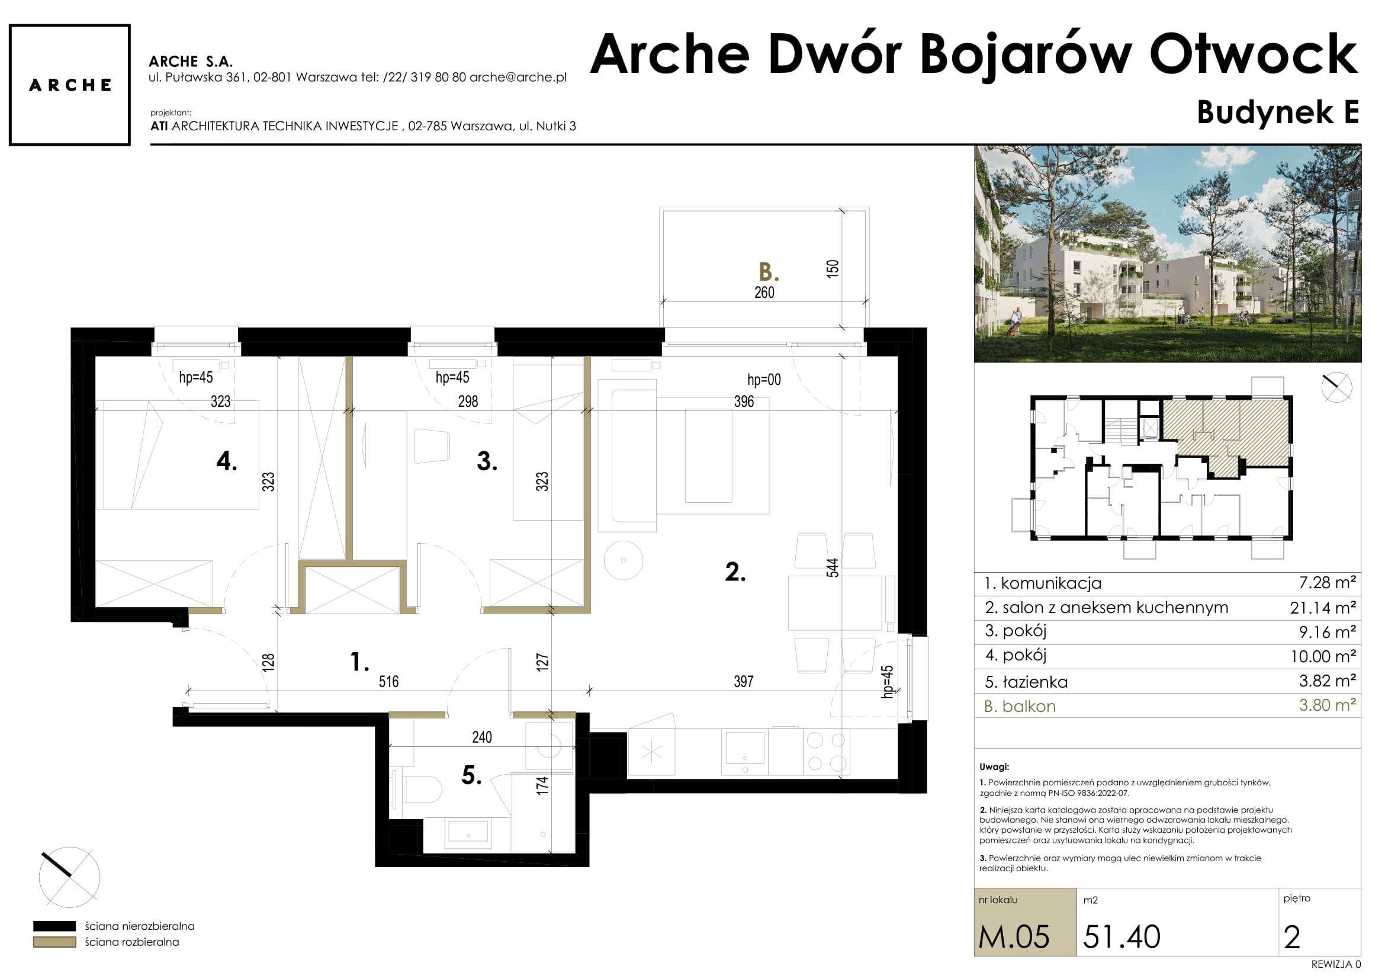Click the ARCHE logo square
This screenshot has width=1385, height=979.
pos(70,85)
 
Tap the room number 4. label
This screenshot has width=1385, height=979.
pos(227,461)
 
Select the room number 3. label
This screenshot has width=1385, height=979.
pos(487,461)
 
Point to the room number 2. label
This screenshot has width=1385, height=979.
pos(735,572)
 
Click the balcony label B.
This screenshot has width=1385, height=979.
pos(769,272)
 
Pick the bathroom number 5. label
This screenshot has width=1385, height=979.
pos(472,775)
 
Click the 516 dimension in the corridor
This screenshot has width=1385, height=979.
pos(388,682)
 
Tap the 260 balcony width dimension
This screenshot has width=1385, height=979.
pos(764,293)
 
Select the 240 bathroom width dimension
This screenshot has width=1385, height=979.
pos(482,737)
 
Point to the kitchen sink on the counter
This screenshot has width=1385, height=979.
pos(745,752)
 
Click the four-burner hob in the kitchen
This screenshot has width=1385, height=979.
pos(827,752)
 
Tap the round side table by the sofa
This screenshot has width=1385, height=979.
pos(623,560)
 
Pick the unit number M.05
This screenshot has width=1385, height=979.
pos(1014,937)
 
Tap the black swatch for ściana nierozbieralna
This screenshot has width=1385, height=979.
pos(54,926)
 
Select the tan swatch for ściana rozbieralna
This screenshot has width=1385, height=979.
pos(54,942)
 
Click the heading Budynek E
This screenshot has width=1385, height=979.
pos(1278,112)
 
